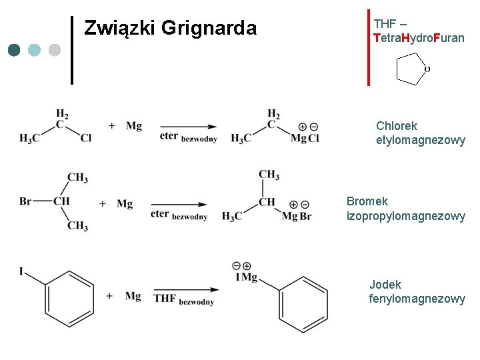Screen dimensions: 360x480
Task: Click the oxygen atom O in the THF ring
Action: click(427, 69)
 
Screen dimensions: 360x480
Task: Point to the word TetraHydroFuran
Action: click(419, 38)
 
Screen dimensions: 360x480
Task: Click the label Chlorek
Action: click(397, 125)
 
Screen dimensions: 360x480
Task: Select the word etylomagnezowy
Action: click(421, 140)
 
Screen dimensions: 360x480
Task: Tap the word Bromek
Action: click(367, 201)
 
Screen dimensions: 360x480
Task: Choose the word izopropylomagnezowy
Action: click(405, 215)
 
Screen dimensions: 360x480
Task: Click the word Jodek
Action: click(385, 285)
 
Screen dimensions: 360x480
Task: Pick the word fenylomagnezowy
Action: click(417, 299)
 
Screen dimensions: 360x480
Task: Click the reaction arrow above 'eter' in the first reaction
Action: click(189, 127)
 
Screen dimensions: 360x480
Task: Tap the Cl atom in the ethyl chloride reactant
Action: click(86, 139)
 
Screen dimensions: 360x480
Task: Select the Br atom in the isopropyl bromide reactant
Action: click(26, 201)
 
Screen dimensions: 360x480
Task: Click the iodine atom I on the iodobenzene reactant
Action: click(22, 271)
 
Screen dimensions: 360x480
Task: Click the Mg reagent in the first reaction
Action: click(133, 125)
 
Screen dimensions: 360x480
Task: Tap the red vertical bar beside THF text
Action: click(368, 47)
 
